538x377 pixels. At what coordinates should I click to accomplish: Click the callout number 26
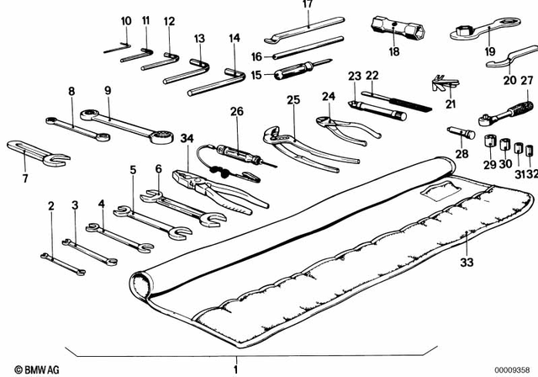[x=236, y=111]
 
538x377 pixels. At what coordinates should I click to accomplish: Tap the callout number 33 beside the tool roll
[x=467, y=263]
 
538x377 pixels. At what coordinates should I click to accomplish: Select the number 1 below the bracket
[x=236, y=368]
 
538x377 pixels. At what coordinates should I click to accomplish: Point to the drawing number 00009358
[x=511, y=368]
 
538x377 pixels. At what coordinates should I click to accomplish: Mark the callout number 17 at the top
[x=307, y=5]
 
